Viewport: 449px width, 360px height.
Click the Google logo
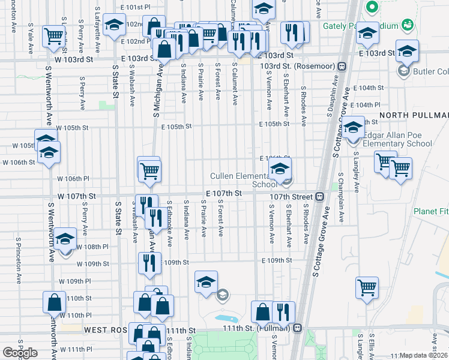click(20, 353)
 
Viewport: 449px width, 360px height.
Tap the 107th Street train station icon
click(321, 196)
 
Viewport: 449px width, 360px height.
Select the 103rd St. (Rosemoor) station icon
click(342, 65)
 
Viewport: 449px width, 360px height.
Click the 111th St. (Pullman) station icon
click(297, 328)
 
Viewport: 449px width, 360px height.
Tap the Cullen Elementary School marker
click(280, 170)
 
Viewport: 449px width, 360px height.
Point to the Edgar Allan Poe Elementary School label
click(397, 139)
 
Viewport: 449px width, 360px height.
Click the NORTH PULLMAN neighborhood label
click(414, 115)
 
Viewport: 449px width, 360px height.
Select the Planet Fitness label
click(430, 211)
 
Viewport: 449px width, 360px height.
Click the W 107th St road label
click(77, 196)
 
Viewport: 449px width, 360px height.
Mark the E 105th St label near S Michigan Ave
click(176, 127)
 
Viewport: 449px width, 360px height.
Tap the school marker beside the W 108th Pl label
click(65, 240)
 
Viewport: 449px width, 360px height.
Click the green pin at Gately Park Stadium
click(372, 8)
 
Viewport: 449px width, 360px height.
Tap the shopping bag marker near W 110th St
click(54, 302)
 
